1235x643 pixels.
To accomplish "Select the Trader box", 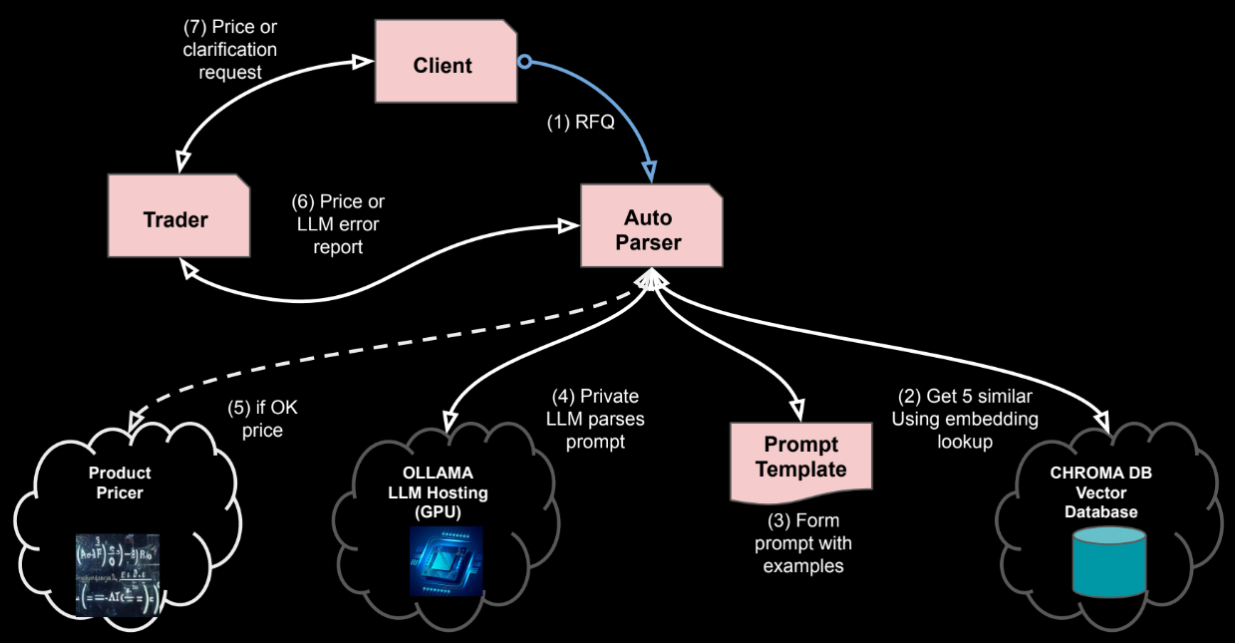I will click(x=175, y=219).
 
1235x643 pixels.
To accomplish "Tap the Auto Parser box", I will click(x=649, y=230).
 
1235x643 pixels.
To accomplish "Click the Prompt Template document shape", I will click(x=801, y=459).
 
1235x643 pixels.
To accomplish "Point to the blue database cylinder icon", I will click(x=1107, y=561).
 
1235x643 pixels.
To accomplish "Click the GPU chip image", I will click(x=447, y=560).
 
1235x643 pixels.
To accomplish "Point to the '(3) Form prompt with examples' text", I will click(x=803, y=543).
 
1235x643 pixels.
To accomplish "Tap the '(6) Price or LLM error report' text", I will click(x=338, y=224).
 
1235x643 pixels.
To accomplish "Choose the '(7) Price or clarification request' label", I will click(x=230, y=49).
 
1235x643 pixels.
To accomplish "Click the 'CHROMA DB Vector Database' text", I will click(x=1099, y=492).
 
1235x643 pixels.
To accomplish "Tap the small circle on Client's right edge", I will click(x=522, y=61).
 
